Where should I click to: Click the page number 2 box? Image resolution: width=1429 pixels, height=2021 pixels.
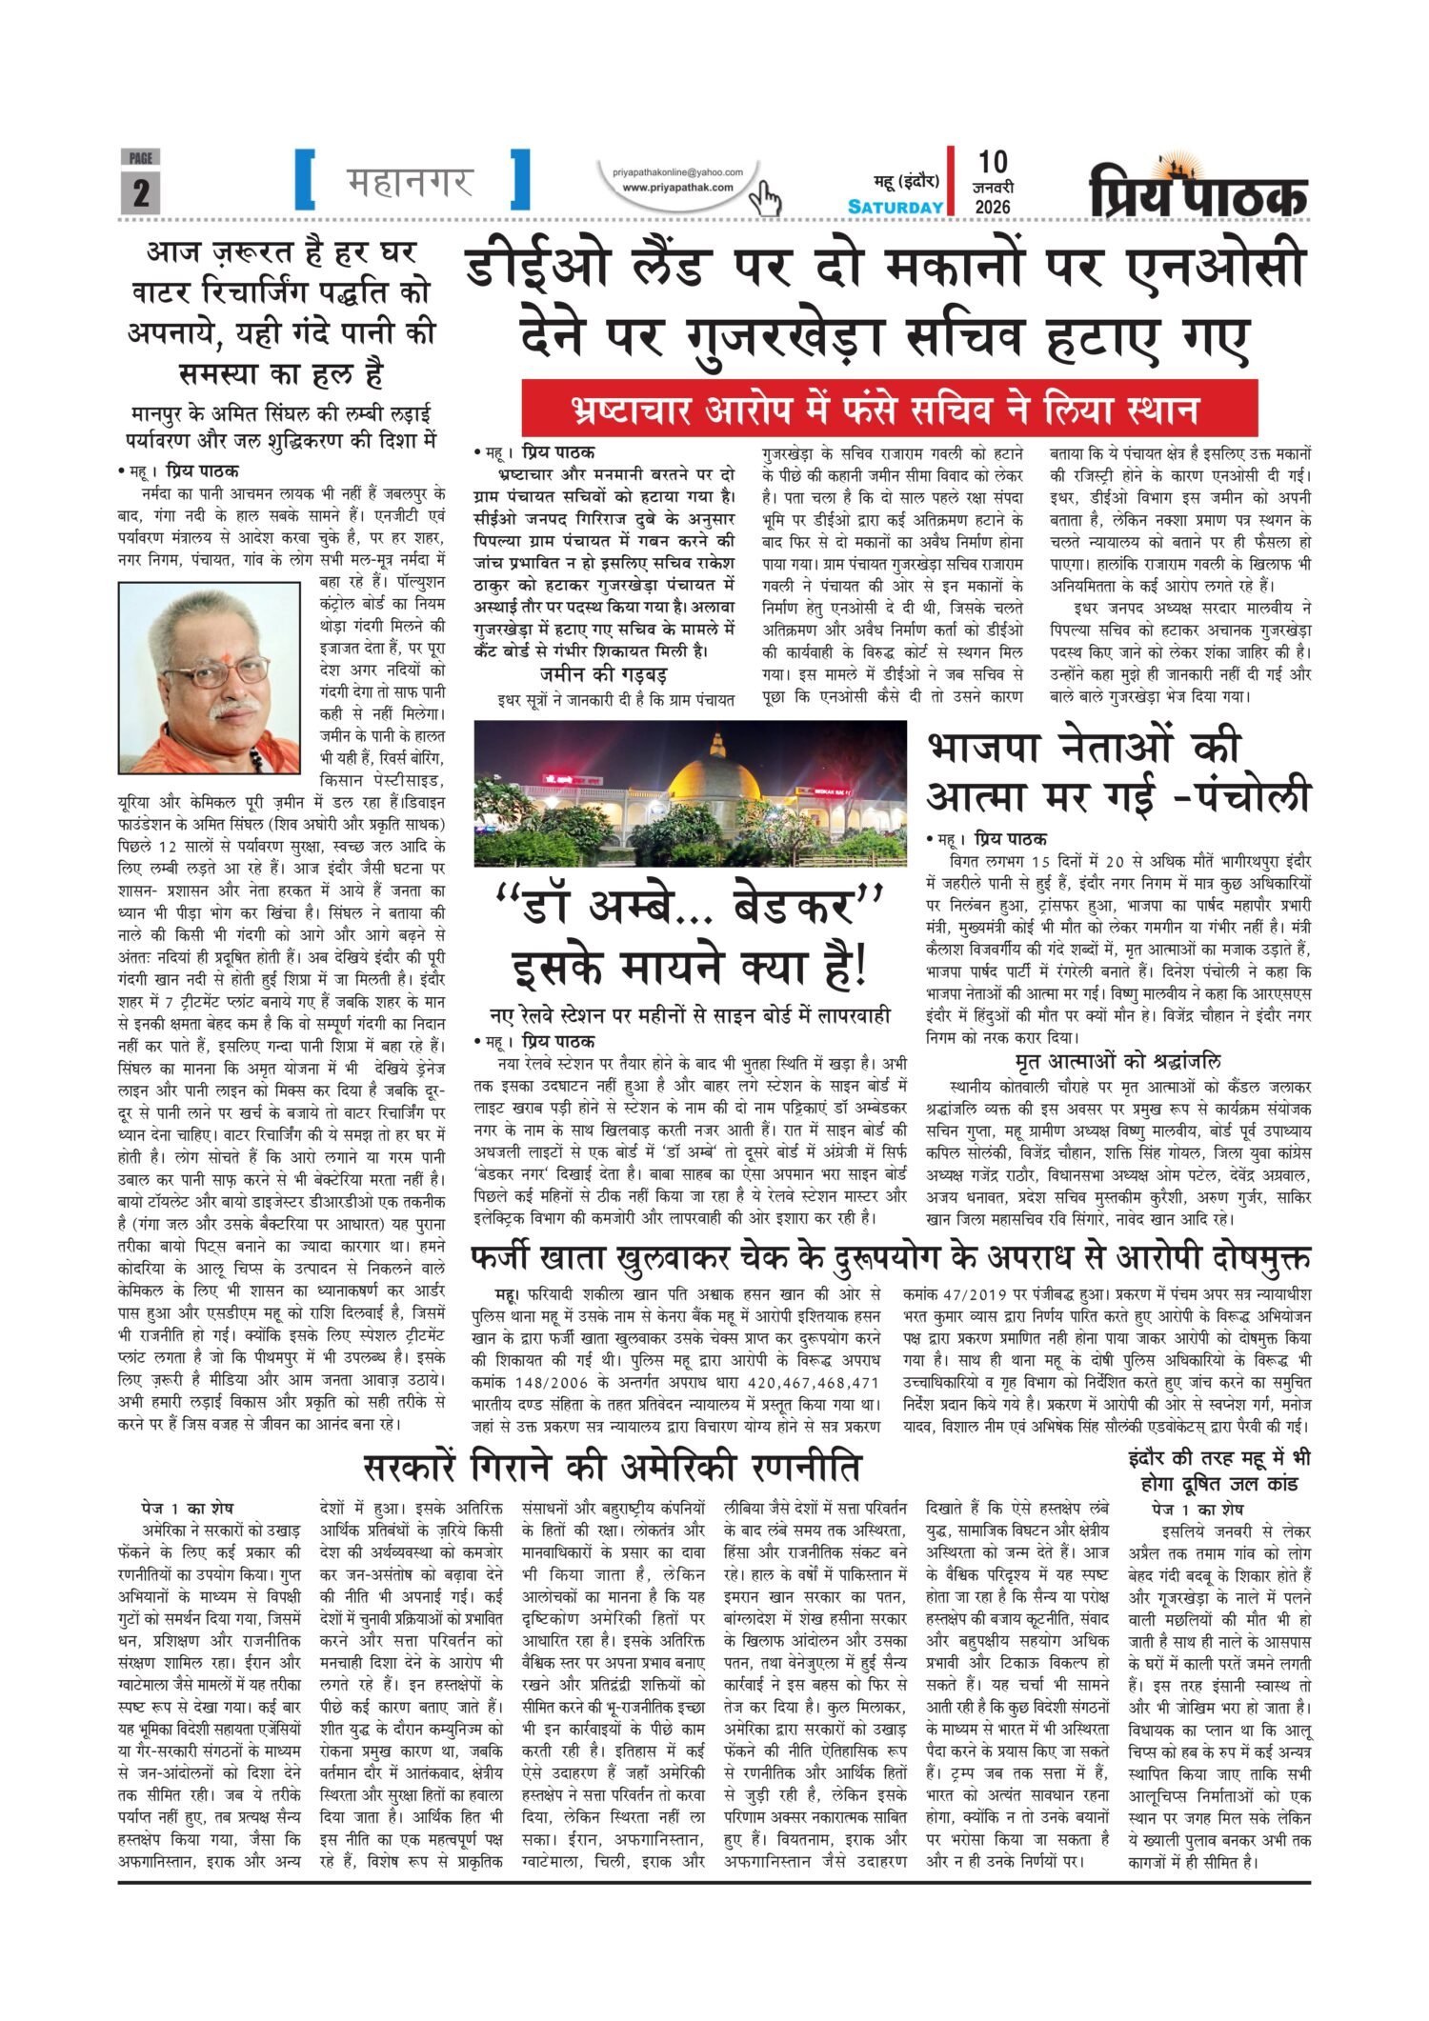pyautogui.click(x=140, y=191)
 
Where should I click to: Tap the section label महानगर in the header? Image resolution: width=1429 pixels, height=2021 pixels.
pyautogui.click(x=411, y=181)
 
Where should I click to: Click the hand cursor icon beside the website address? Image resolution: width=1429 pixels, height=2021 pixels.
pyautogui.click(x=764, y=197)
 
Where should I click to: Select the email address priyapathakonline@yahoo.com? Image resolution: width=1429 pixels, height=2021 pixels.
pyautogui.click(x=677, y=171)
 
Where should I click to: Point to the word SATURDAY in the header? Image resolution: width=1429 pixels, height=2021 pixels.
pyautogui.click(x=896, y=207)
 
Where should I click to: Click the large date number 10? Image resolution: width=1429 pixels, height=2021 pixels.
pyautogui.click(x=992, y=163)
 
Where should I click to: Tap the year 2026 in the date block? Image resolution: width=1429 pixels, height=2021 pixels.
pyautogui.click(x=992, y=206)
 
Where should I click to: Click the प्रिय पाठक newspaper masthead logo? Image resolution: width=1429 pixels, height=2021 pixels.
pyautogui.click(x=1198, y=190)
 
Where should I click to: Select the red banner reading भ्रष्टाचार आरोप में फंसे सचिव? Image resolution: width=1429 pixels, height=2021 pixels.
pyautogui.click(x=888, y=409)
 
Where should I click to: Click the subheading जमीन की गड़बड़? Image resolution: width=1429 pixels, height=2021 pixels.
pyautogui.click(x=603, y=674)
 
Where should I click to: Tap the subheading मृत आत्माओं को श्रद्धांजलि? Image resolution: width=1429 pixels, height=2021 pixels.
pyautogui.click(x=1118, y=1061)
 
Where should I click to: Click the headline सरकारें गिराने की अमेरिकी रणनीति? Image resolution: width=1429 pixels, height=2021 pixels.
pyautogui.click(x=612, y=1467)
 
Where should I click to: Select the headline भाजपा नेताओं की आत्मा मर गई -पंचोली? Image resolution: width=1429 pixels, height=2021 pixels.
pyautogui.click(x=1118, y=771)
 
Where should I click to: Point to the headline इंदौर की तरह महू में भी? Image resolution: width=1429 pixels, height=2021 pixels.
pyautogui.click(x=1218, y=1457)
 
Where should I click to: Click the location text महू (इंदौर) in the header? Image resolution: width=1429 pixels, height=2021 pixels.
pyautogui.click(x=906, y=181)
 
